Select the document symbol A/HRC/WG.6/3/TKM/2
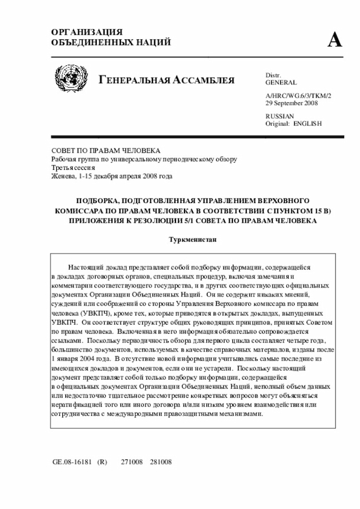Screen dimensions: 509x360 coord(298,96)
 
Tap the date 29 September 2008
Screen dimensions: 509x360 coord(291,103)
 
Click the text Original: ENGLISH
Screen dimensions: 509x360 coord(293,123)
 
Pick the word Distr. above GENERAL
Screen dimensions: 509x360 coord(273,75)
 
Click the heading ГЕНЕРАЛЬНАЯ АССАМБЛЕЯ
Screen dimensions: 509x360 coord(166,80)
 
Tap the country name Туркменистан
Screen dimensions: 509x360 coord(193,240)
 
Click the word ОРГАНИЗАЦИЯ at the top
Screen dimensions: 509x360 coord(87,32)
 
